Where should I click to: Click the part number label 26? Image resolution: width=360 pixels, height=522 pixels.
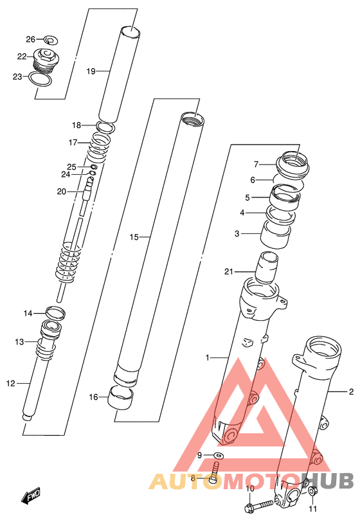31,40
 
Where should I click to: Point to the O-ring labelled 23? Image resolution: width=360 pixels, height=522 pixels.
40,79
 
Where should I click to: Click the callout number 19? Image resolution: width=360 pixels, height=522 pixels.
91,71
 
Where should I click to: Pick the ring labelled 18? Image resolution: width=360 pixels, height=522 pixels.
105,127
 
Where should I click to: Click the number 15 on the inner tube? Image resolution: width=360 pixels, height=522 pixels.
134,237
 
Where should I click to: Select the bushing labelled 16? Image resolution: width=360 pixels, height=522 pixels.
120,398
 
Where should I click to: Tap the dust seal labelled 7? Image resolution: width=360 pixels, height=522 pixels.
292,165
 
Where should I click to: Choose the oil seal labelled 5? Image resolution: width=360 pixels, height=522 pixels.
284,198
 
